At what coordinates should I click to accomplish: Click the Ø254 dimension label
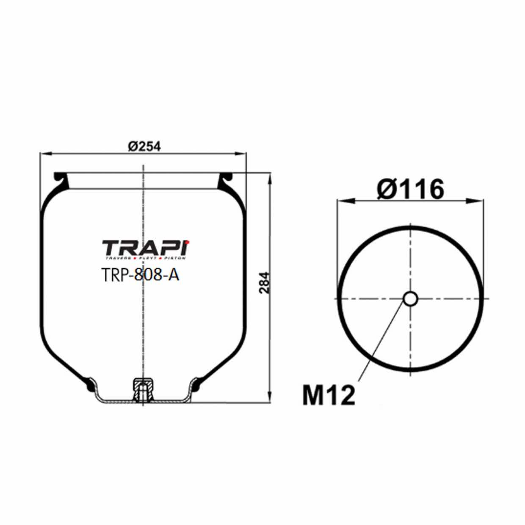144,146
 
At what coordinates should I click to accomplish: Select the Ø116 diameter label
410,189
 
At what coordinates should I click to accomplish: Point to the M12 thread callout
329,395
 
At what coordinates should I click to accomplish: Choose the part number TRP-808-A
140,275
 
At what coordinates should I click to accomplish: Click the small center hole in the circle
410,298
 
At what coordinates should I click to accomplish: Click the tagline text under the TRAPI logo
145,257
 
